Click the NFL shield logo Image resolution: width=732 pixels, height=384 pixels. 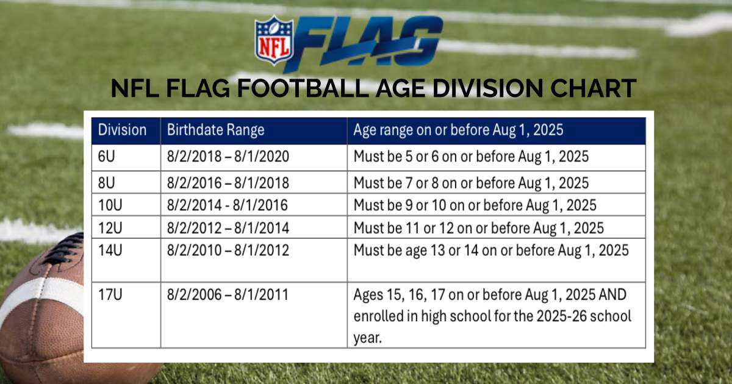[x=274, y=40]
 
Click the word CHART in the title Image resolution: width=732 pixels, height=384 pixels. [x=593, y=88]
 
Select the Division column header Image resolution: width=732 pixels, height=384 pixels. [x=122, y=130]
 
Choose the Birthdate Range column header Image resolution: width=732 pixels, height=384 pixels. [x=216, y=130]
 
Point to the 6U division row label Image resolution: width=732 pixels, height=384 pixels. [x=107, y=157]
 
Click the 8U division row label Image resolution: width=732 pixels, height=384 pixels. [x=107, y=183]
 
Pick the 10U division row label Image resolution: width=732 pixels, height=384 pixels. [x=110, y=205]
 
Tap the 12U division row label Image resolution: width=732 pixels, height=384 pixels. [x=110, y=228]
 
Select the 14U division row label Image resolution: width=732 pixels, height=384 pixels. [x=110, y=251]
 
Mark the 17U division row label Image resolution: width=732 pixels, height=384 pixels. [x=110, y=294]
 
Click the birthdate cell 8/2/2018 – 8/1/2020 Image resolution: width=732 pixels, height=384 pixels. [x=228, y=157]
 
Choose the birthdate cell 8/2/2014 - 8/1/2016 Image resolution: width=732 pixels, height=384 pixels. [x=228, y=205]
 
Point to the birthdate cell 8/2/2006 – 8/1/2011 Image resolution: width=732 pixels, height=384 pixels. [x=228, y=294]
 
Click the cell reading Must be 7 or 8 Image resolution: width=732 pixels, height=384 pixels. [x=471, y=183]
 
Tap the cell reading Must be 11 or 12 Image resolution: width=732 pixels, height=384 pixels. [x=479, y=228]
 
